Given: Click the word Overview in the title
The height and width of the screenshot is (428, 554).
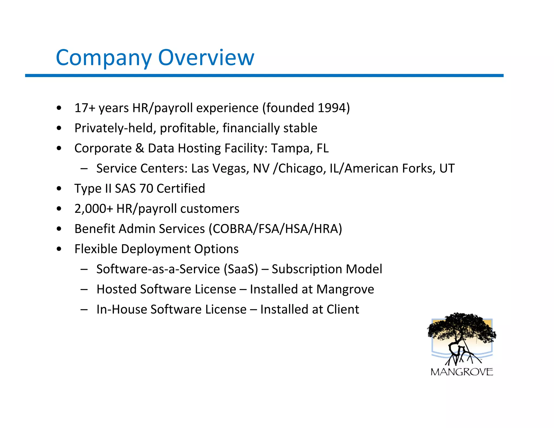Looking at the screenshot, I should coord(206,58).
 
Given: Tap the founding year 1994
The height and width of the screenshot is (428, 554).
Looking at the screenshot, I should coord(332,108).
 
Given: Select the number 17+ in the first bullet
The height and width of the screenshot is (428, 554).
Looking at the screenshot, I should coord(85,108).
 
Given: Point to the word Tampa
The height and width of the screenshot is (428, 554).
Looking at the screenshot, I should coord(292,148).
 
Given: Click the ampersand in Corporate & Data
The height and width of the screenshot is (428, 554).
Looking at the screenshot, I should coord(140,148).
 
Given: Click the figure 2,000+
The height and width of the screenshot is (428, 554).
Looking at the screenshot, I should coord(93,209).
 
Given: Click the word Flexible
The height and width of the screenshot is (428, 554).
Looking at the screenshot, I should coord(96,249).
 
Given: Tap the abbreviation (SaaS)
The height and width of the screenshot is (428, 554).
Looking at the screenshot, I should coord(241,269).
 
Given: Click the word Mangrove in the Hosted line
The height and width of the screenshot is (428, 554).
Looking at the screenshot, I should coord(345,289).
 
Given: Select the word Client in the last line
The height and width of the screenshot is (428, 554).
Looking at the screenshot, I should coord(343,310).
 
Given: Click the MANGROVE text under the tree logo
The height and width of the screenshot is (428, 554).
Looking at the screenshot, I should coord(462,372).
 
